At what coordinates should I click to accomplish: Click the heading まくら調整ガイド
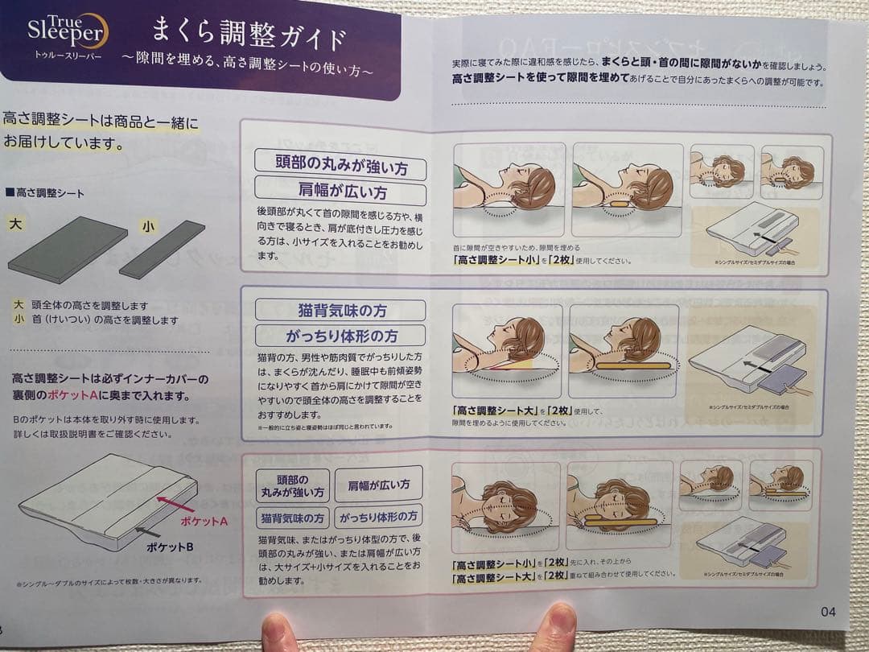click(249, 36)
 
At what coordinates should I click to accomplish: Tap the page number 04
click(828, 611)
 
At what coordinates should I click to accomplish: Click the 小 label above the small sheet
click(148, 226)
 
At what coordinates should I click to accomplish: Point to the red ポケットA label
click(204, 521)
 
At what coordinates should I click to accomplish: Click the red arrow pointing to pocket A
click(175, 505)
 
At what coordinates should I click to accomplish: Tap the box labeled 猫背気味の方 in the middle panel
click(340, 311)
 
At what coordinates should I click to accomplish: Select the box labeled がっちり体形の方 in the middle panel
click(340, 336)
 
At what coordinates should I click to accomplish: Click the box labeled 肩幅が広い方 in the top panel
click(340, 192)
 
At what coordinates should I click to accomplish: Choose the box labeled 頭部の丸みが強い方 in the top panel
click(340, 165)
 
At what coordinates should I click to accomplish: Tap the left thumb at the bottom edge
click(279, 633)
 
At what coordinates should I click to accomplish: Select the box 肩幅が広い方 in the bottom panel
click(378, 485)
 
